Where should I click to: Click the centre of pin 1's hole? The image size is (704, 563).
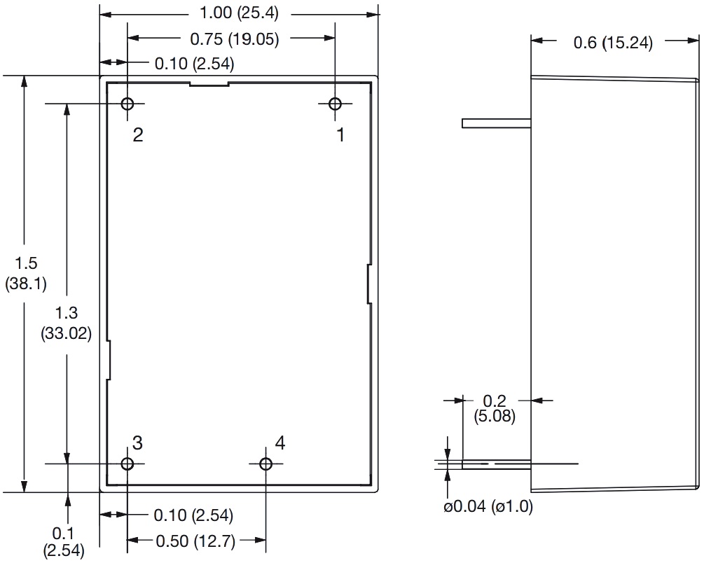[335, 104]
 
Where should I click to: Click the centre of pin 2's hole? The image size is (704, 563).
[127, 104]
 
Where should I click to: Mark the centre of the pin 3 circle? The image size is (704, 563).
[127, 464]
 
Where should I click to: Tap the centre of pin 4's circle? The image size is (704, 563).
[265, 464]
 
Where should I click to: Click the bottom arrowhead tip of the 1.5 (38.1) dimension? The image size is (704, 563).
[25, 492]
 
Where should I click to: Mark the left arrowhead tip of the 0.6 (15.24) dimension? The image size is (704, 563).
[531, 41]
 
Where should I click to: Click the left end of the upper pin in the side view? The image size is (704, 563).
[462, 123]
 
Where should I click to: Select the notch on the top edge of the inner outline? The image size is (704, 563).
[209, 83]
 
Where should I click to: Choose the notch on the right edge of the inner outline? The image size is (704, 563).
[369, 284]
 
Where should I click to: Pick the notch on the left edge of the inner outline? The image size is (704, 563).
[109, 361]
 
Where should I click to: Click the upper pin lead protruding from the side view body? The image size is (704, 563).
[497, 123]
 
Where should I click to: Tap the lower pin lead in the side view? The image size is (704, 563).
[497, 464]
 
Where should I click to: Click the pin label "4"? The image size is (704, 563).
[280, 443]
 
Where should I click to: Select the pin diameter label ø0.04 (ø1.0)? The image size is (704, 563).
[488, 506]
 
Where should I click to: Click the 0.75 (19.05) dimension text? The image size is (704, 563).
[235, 39]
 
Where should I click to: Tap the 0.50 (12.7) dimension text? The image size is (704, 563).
[195, 541]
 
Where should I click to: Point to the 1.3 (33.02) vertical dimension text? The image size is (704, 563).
[67, 323]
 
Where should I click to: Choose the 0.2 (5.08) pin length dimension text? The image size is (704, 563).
[495, 408]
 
